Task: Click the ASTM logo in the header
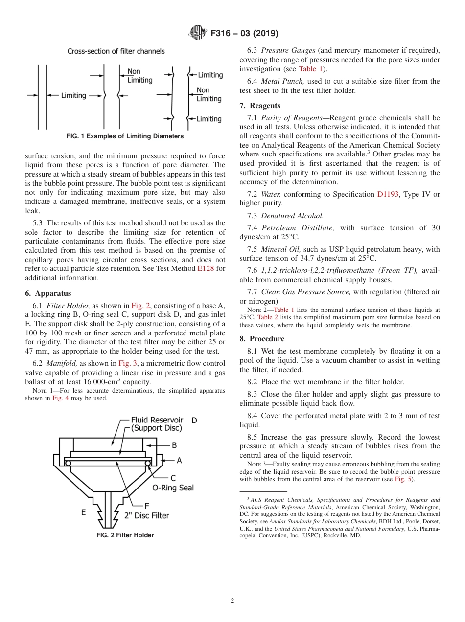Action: coord(198,33)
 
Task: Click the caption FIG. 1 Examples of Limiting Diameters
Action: coord(125,136)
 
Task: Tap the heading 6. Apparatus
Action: coord(48,293)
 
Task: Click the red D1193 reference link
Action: coord(387,194)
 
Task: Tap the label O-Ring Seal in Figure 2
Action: coord(173,488)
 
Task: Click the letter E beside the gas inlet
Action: coord(84,512)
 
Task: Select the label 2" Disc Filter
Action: coord(148,515)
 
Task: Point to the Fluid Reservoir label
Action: coord(157,420)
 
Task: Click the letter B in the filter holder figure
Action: coord(174,445)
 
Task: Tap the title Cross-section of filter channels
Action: coord(116,51)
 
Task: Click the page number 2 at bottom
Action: coord(232,601)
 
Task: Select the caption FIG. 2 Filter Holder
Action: coord(125,535)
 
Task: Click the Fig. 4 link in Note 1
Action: coord(60,398)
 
